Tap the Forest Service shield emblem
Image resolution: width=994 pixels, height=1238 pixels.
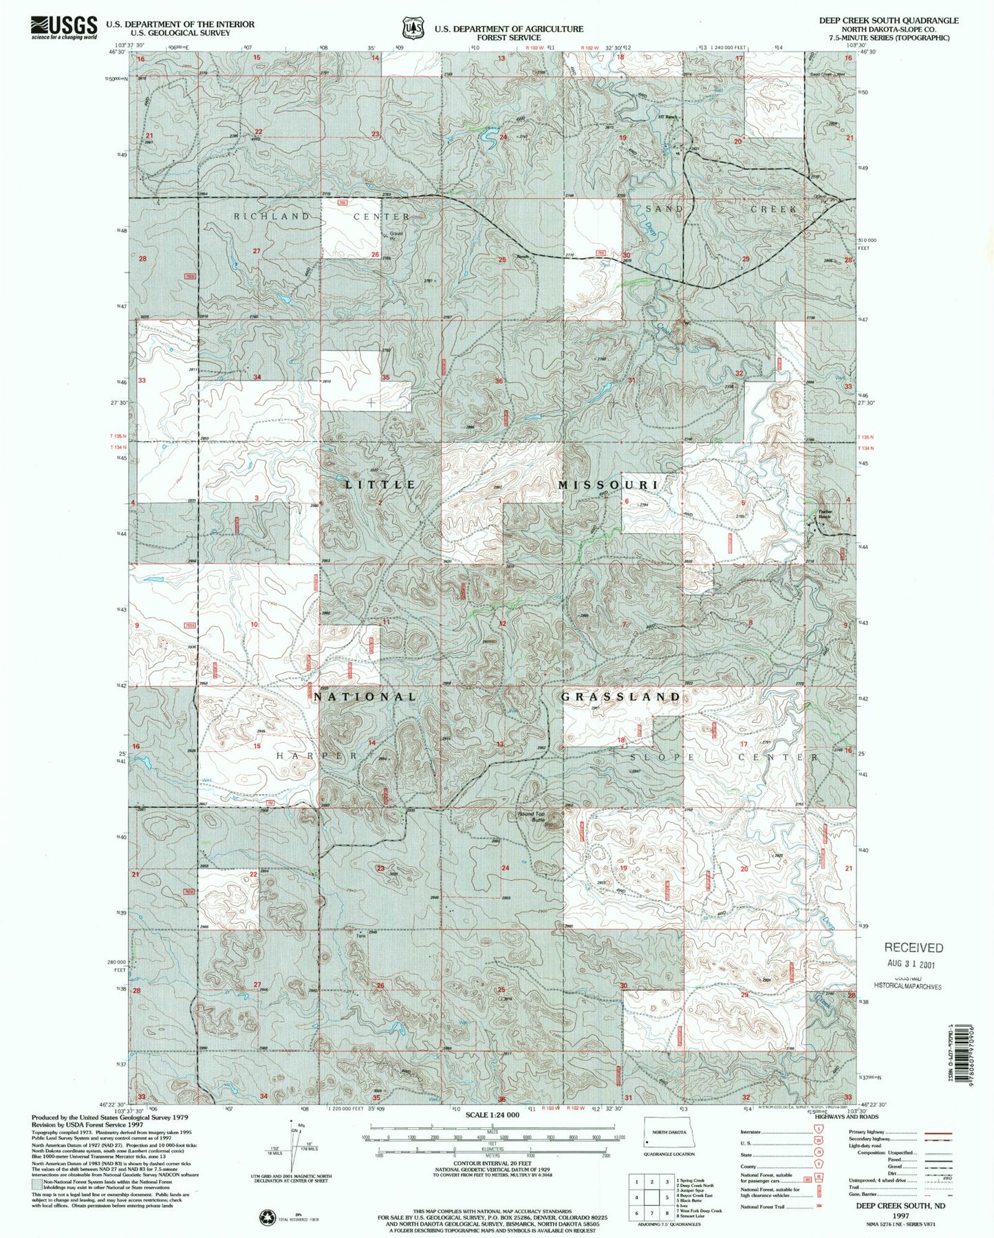[413, 28]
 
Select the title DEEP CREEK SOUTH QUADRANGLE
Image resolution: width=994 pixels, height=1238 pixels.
[888, 21]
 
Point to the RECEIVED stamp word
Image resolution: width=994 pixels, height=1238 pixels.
[914, 948]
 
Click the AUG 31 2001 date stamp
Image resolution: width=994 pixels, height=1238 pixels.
[913, 963]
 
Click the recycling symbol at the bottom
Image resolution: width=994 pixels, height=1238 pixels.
[266, 1217]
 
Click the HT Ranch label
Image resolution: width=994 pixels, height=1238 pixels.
[667, 117]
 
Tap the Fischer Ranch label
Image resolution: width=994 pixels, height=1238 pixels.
[825, 514]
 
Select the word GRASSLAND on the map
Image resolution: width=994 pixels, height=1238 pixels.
[620, 697]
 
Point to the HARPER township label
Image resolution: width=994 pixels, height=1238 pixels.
[317, 756]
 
